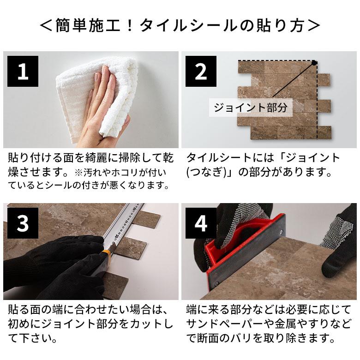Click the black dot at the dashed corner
click(x=313, y=62)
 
